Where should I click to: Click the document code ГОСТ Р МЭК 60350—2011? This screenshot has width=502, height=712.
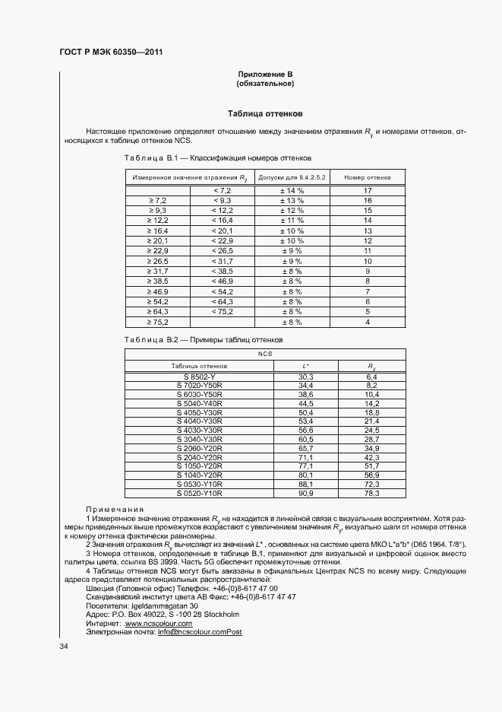(x=111, y=52)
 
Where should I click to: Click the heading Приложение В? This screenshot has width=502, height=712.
(x=265, y=74)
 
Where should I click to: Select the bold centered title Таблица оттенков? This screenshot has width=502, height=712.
(x=265, y=113)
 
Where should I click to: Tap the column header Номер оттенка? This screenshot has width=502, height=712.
(x=367, y=176)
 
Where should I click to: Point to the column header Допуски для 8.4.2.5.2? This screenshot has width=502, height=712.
(x=292, y=176)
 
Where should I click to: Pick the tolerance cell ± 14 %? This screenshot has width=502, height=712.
(x=292, y=189)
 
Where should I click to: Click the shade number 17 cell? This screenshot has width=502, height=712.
(x=367, y=189)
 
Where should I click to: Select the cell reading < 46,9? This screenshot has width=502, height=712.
(x=223, y=281)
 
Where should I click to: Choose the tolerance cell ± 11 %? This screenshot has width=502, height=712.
(x=292, y=220)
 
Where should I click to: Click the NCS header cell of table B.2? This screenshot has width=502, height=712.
(x=264, y=354)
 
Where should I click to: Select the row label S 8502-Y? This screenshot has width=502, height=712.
(x=199, y=377)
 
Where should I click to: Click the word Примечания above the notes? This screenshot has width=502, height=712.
(x=114, y=531)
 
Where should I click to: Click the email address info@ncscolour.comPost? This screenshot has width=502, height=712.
(x=200, y=632)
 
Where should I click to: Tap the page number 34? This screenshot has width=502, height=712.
(x=64, y=647)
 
